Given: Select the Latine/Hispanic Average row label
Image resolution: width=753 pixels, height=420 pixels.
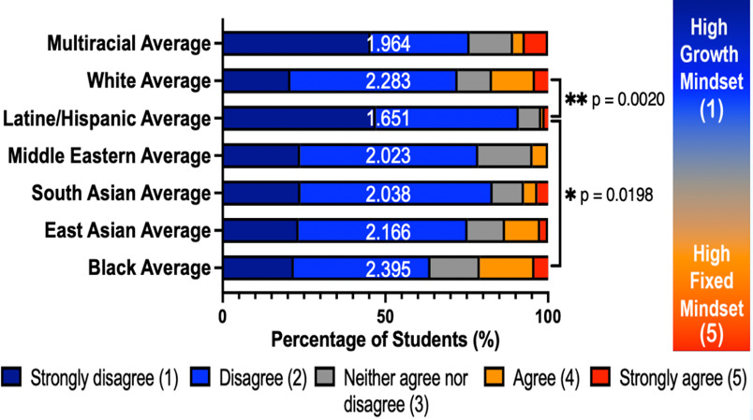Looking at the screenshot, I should click(x=106, y=118).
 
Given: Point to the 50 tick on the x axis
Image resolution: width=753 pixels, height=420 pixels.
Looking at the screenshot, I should click(x=385, y=315).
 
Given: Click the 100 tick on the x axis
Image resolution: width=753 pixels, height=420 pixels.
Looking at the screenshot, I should click(x=548, y=315).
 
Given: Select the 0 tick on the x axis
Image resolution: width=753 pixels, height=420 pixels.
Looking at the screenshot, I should click(x=223, y=315).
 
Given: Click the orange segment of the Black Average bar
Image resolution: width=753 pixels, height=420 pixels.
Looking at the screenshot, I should click(x=506, y=268).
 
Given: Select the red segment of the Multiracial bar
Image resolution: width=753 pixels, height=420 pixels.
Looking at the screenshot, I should click(x=535, y=44).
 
